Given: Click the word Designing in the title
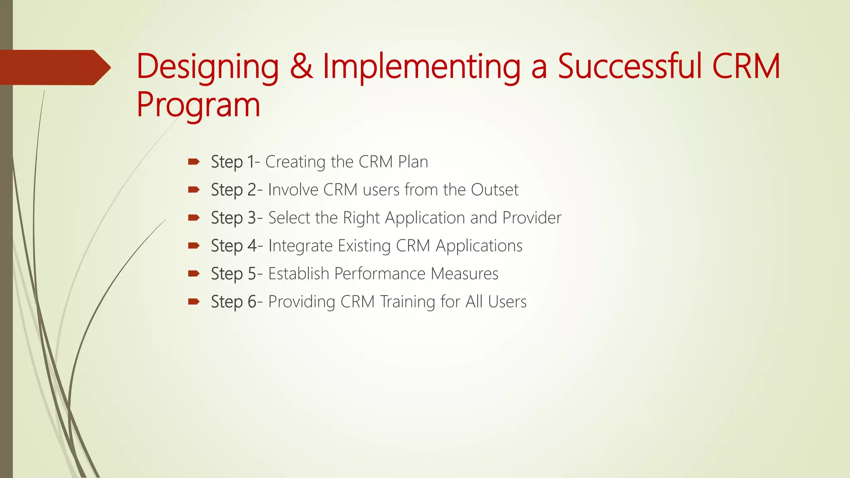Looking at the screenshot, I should point(208,67).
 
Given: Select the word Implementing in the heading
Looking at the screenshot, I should point(421,67).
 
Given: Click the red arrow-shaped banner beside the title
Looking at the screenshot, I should point(54,68).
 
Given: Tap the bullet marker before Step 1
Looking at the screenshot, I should point(194,161).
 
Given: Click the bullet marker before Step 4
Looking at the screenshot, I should point(194,246).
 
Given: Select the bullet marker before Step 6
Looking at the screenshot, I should point(194,302).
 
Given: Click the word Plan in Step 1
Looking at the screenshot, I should point(413,162).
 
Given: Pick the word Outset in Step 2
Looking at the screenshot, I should point(494,190).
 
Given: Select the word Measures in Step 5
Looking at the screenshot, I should point(464,274).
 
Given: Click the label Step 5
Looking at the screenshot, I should point(234,274).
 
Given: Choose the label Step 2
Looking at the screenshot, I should point(234,190).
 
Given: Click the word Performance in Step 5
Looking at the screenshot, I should point(380,274).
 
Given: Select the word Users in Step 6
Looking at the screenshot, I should point(507,302).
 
